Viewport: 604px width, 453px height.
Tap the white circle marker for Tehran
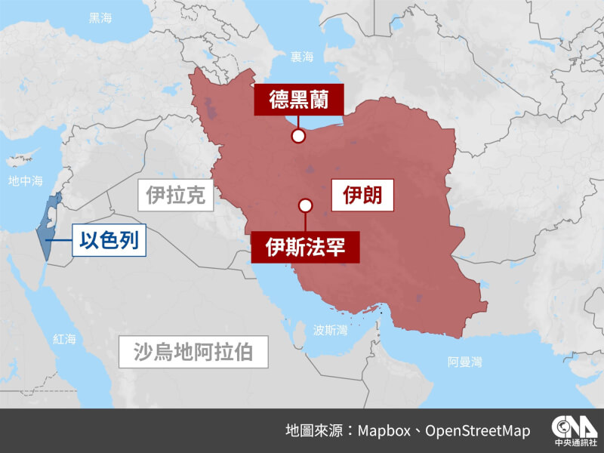[298, 136]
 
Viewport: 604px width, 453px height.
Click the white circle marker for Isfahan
[305, 205]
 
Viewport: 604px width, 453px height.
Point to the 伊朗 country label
[363, 196]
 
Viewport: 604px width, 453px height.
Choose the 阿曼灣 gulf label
[464, 362]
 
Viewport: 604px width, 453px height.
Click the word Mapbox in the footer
[384, 430]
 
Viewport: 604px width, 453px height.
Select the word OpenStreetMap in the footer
[477, 430]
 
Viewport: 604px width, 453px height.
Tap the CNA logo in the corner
[573, 430]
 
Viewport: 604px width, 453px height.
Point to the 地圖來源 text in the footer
[316, 430]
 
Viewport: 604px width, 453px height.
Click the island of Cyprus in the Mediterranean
[20, 159]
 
